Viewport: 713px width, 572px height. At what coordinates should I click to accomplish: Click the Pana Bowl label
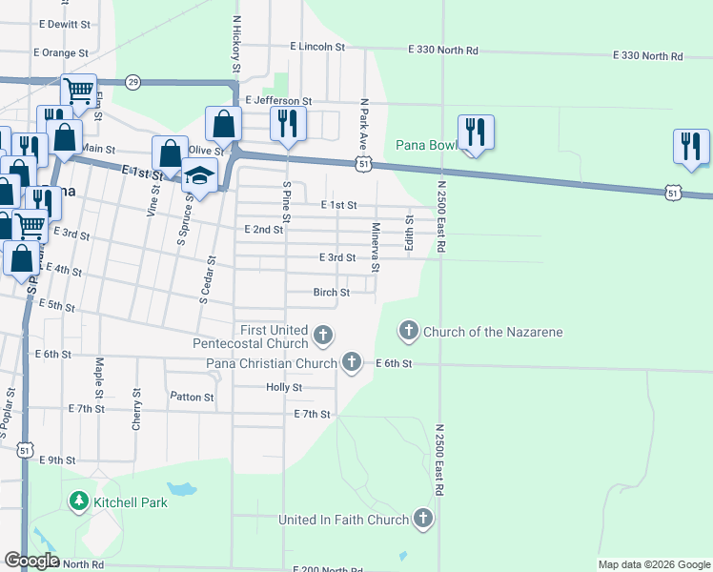point(427,145)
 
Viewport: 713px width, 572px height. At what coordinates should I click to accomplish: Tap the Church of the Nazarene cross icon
point(408,331)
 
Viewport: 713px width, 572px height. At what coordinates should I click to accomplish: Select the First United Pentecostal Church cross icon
point(323,335)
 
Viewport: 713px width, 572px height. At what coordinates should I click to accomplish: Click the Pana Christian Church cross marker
point(352,361)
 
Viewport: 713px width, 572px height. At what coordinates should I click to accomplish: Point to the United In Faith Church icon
point(422,520)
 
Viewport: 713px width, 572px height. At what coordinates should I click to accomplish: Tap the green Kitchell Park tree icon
point(77,500)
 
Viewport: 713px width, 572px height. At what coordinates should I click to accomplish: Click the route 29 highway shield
point(132,82)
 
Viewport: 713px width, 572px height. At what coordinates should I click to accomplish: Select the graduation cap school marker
point(200,174)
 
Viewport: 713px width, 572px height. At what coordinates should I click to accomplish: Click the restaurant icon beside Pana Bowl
point(475,132)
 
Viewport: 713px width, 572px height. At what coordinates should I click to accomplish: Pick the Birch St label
point(332,293)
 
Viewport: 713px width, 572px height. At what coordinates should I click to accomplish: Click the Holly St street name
point(284,388)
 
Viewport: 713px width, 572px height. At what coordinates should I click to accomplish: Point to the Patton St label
point(192,397)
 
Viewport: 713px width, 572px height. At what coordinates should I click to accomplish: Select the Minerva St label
point(376,247)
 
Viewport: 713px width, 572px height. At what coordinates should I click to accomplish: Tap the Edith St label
point(409,233)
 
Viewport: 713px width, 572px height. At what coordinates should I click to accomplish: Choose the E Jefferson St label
point(278,100)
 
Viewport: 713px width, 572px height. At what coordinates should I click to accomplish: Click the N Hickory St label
point(234,44)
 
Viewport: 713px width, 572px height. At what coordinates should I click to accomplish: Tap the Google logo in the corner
point(31,561)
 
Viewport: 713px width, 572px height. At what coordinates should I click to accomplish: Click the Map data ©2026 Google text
point(653,564)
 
